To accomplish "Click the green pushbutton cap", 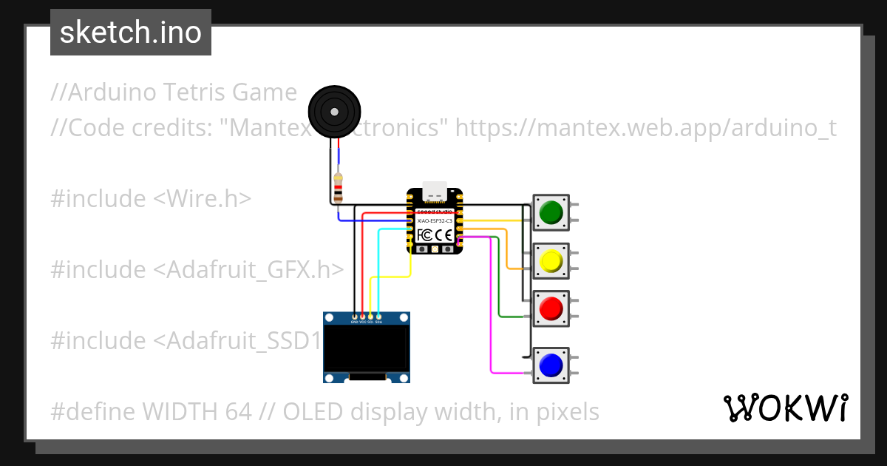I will [551, 213].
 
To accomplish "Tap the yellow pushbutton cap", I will [551, 260].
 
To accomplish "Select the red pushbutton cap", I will [551, 308].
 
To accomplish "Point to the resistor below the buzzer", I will [338, 188].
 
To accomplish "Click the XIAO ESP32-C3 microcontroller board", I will [435, 221].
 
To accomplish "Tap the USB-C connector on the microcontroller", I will [435, 191].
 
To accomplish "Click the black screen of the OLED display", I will [367, 348].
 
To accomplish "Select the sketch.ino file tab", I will [131, 33].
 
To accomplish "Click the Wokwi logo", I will [785, 408].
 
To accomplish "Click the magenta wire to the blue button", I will [492, 311].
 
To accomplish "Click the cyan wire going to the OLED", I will [379, 266].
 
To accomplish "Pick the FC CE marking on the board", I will [435, 235].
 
